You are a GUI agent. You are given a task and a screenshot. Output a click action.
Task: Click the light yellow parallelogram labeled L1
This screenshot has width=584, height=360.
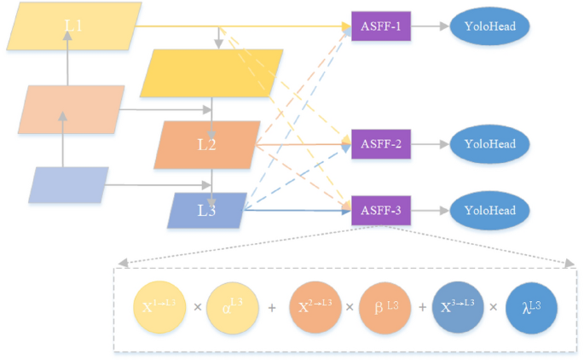pyautogui.click(x=73, y=26)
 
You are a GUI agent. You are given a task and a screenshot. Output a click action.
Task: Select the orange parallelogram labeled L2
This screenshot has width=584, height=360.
pyautogui.click(x=207, y=144)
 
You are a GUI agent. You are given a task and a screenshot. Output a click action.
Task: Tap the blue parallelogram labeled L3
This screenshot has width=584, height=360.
pyautogui.click(x=206, y=210)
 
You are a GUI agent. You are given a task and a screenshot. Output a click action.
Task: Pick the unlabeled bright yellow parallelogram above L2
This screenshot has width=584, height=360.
pyautogui.click(x=216, y=73)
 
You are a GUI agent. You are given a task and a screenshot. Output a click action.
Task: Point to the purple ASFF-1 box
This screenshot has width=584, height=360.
pyautogui.click(x=381, y=26)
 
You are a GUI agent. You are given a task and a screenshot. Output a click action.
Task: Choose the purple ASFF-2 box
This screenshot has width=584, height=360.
pyautogui.click(x=381, y=144)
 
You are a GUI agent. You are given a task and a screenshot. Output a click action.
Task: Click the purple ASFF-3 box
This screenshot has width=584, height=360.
pyautogui.click(x=381, y=210)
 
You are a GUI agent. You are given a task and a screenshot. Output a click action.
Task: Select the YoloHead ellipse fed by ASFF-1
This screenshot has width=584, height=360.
pyautogui.click(x=489, y=26)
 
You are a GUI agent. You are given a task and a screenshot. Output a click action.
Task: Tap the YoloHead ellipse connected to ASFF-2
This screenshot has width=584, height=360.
pyautogui.click(x=489, y=144)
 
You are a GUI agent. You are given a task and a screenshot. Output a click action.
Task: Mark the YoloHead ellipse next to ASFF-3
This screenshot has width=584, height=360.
pyautogui.click(x=489, y=210)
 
